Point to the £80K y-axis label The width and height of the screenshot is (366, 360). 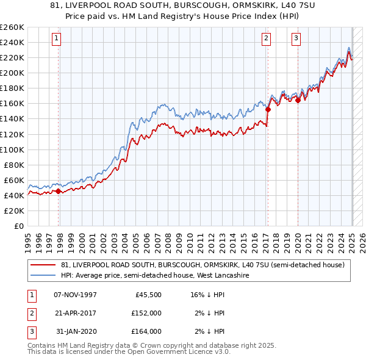(x=13, y=165)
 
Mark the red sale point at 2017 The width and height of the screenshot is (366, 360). (x=268, y=110)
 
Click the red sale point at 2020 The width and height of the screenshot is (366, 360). (x=298, y=101)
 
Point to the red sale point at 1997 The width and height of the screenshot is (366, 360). (x=59, y=191)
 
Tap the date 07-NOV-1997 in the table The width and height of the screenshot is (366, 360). (x=76, y=295)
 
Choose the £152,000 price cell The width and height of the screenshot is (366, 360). (x=146, y=313)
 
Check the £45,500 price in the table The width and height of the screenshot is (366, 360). (x=146, y=295)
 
